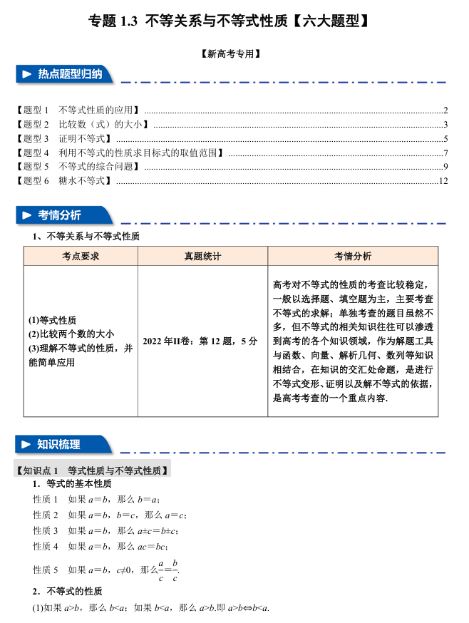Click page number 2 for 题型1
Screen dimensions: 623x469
(445, 110)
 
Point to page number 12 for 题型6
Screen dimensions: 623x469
(443, 181)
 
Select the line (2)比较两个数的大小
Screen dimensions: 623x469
(71, 334)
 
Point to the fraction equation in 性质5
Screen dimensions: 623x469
(168, 570)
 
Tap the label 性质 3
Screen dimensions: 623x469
(46, 530)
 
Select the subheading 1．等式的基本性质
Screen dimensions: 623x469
(71, 484)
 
